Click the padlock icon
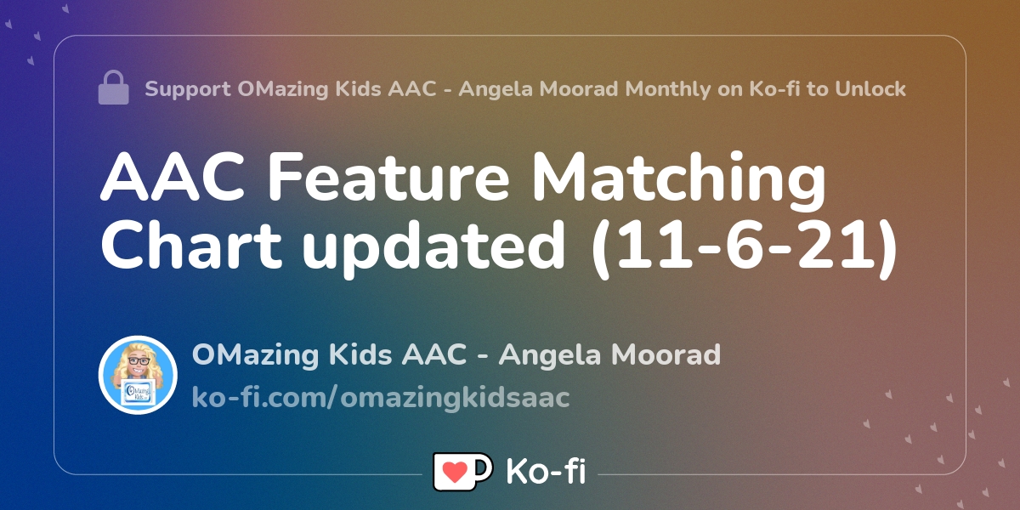tap(113, 88)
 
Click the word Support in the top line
tap(188, 89)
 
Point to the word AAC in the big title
tap(173, 177)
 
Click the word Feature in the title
tap(388, 177)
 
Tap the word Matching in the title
tap(678, 180)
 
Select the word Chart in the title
tap(191, 245)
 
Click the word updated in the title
tap(433, 248)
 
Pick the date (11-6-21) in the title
tap(744, 248)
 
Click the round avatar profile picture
tap(138, 375)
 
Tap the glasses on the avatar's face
tap(139, 361)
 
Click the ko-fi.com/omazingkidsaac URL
tap(381, 397)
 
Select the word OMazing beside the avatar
tap(256, 354)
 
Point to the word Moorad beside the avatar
tap(666, 354)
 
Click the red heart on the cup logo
tap(455, 472)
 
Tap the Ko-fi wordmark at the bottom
tap(546, 471)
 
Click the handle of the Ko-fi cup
tap(484, 467)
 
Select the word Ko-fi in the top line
tap(774, 88)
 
